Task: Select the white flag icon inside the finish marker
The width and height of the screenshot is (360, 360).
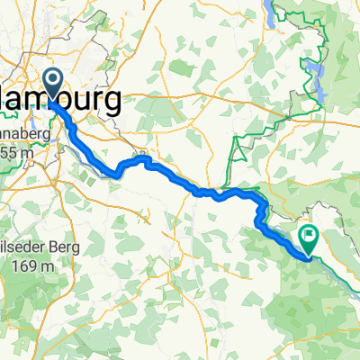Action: point(309,238)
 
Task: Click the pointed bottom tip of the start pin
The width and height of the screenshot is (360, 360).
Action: point(50,100)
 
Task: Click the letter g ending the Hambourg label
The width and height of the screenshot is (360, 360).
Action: point(114,103)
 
